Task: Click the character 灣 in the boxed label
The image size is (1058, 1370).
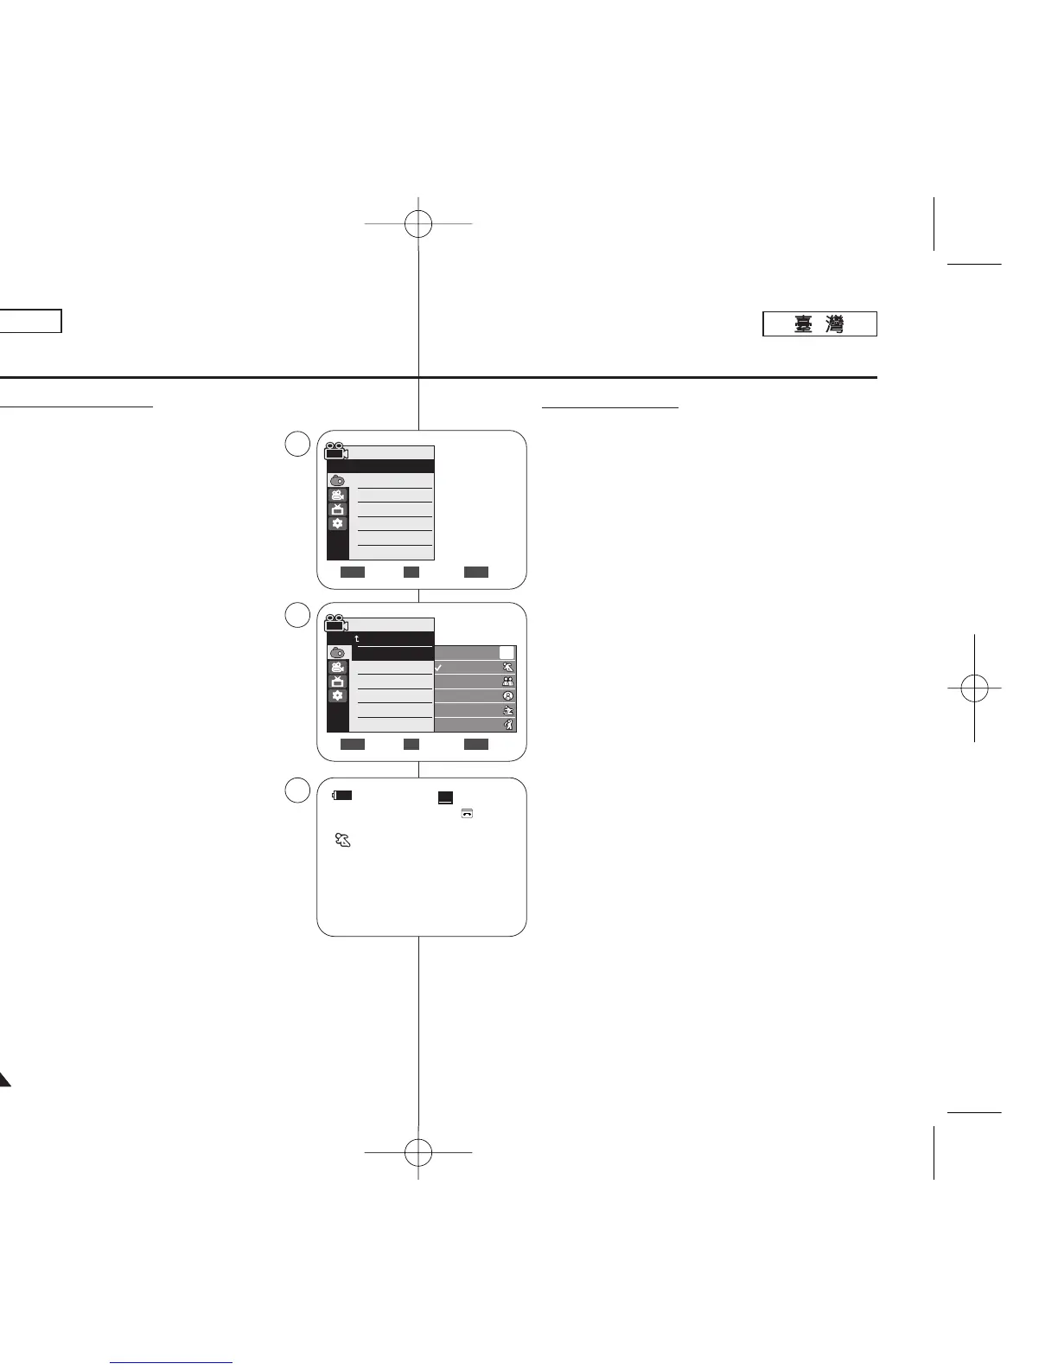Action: [834, 324]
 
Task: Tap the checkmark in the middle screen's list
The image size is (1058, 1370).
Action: [439, 668]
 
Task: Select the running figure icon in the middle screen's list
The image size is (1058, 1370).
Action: [508, 668]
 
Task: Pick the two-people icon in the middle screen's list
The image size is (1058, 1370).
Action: [508, 682]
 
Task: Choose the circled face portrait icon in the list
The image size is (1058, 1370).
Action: [508, 696]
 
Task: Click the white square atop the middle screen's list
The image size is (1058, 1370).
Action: [507, 653]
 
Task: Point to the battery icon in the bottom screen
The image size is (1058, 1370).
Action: [343, 795]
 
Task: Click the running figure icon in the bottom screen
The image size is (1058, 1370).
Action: [342, 840]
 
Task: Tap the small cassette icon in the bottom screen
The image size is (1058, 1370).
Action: [467, 813]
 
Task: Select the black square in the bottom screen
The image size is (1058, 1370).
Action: [445, 797]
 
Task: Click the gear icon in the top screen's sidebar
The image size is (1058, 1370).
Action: [337, 524]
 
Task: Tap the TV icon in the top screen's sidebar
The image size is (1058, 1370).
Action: [337, 509]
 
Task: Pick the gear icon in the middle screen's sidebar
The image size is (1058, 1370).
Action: [337, 696]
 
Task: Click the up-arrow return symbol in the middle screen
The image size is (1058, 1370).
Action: [357, 639]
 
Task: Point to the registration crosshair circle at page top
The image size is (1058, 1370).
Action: [418, 224]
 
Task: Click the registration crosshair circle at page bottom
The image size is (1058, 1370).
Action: [418, 1152]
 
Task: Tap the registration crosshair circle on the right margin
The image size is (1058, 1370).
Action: [974, 688]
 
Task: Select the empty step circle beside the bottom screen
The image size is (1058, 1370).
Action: [298, 790]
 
